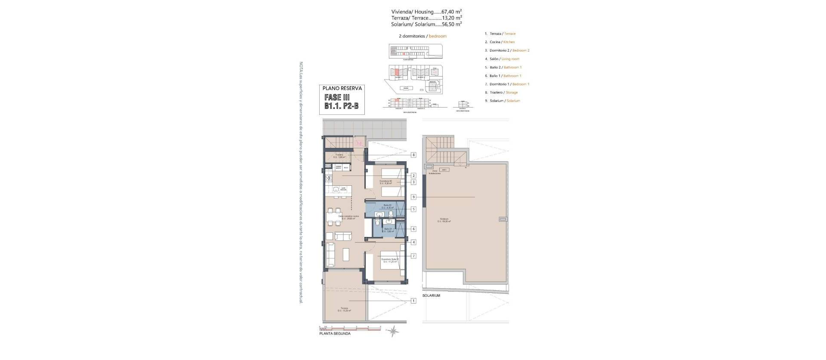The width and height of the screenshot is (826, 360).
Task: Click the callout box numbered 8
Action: click(x=413, y=155)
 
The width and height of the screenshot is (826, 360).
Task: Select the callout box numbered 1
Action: click(x=413, y=301)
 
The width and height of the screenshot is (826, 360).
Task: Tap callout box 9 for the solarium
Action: click(x=413, y=197)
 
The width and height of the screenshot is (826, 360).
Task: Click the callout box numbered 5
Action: click(x=413, y=209)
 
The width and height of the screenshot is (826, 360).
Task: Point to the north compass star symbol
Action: click(x=393, y=331)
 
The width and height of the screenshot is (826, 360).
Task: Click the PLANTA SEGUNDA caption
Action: click(x=335, y=333)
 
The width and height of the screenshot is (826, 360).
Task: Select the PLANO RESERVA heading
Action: click(x=342, y=88)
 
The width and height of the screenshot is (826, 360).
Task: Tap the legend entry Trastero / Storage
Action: click(x=503, y=92)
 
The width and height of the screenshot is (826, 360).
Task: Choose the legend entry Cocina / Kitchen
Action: click(x=502, y=42)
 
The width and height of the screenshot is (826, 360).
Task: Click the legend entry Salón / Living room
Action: click(x=504, y=59)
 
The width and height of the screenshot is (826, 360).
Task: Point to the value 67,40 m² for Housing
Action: click(x=452, y=12)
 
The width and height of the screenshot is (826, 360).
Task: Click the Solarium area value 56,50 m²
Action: click(x=452, y=24)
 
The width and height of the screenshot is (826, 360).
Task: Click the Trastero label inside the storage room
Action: click(x=339, y=155)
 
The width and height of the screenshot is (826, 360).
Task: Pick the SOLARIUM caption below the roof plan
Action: click(x=431, y=296)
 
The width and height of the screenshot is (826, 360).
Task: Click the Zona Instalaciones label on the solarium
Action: click(x=437, y=172)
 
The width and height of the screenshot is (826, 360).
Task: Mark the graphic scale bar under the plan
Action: click(x=351, y=329)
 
